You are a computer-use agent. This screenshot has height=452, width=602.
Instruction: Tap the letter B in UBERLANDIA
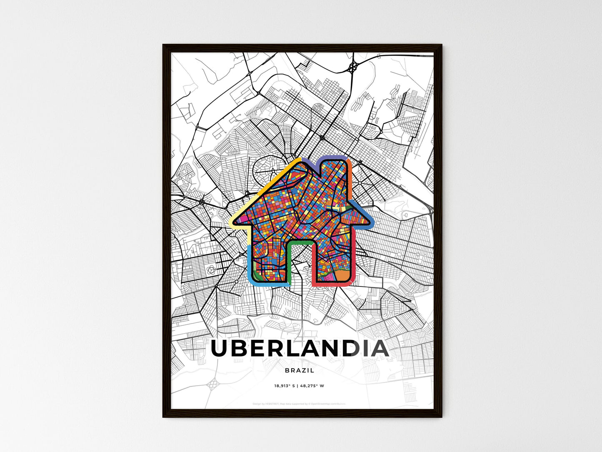pos(242,349)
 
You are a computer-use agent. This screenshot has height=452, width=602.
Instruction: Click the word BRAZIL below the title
pos(300,370)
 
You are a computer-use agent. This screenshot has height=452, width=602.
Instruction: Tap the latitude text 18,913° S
pos(284,386)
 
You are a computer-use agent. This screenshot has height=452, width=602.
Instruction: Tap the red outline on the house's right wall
pos(353,263)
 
